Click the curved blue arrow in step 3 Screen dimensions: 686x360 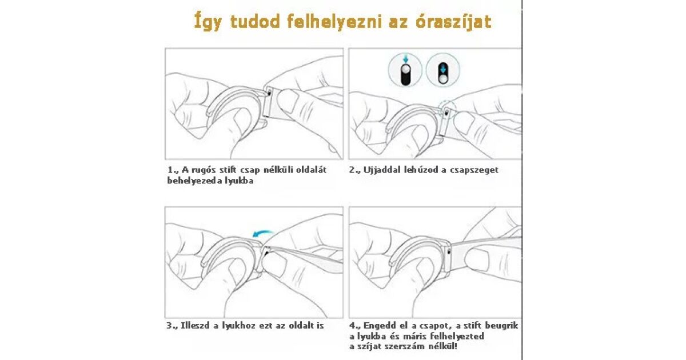[263, 234]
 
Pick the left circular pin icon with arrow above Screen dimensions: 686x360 [405, 70]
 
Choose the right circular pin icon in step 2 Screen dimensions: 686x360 [443, 70]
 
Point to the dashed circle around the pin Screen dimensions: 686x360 [447, 109]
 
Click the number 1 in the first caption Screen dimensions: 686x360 [170, 170]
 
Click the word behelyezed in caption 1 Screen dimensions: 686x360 [194, 181]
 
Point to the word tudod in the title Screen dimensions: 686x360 [255, 22]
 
